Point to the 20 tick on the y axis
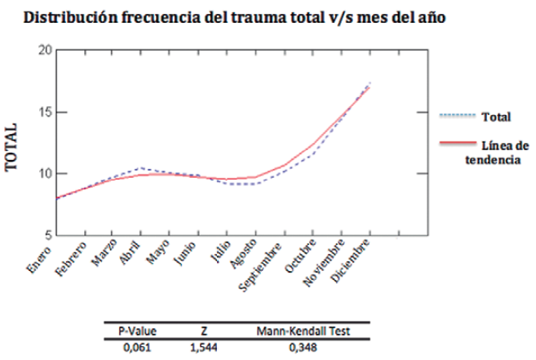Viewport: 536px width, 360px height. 46,51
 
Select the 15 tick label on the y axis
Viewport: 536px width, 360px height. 46,112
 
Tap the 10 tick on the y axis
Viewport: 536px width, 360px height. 46,174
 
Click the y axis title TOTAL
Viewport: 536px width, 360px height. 12,148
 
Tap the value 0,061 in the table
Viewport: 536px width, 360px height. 135,347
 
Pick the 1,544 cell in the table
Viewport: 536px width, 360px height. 205,347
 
